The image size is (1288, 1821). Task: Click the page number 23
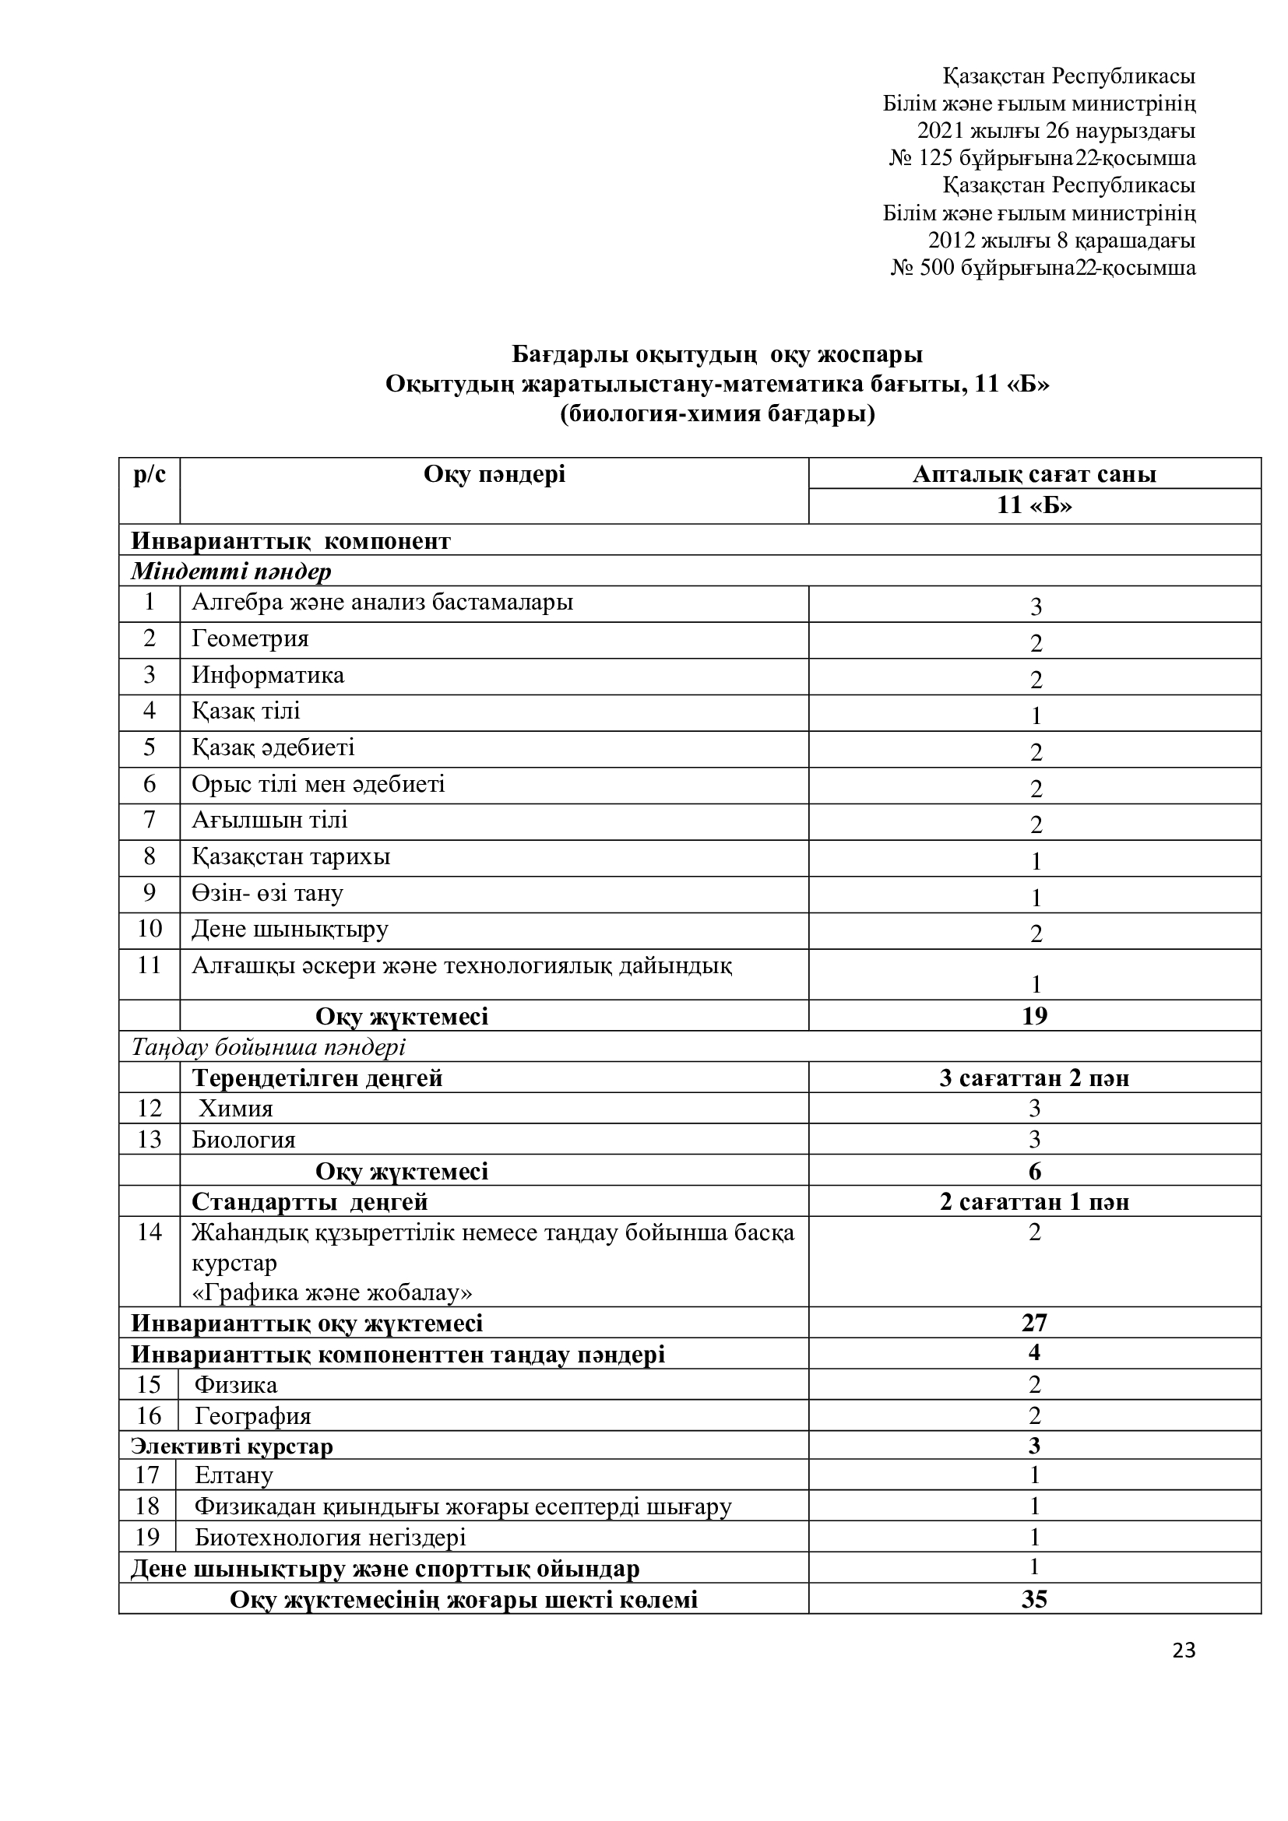click(x=1184, y=1651)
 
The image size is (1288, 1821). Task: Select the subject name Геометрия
click(x=250, y=639)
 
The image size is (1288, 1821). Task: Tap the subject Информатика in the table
click(x=268, y=676)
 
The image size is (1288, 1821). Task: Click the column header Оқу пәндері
click(x=494, y=474)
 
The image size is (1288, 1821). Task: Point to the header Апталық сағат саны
click(x=1034, y=474)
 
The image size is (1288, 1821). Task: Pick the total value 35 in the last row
click(x=1034, y=1600)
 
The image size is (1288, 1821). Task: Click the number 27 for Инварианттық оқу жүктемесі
click(x=1034, y=1323)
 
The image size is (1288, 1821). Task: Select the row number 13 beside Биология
click(x=149, y=1140)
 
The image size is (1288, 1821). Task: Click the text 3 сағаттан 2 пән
click(x=1034, y=1078)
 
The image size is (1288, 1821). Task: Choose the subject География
click(x=253, y=1415)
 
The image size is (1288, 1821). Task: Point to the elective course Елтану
click(x=234, y=1475)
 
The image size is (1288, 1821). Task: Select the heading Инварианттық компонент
click(x=290, y=541)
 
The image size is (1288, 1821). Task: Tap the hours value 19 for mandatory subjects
click(x=1034, y=1016)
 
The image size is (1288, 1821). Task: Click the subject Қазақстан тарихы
click(x=291, y=857)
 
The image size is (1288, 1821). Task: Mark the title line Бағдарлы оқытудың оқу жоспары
click(x=717, y=353)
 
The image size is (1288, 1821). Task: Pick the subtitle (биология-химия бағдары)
click(x=717, y=414)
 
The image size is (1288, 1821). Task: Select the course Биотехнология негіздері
click(x=330, y=1537)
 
